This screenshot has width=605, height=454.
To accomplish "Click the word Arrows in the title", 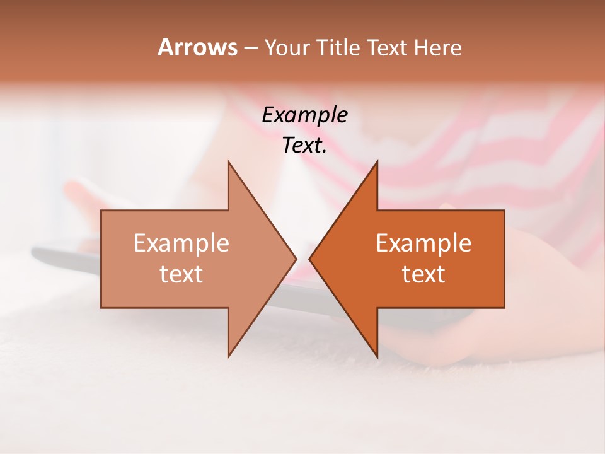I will point(197,47).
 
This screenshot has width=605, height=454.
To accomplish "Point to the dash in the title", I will point(250,48).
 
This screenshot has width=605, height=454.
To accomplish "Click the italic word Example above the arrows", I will point(304,115).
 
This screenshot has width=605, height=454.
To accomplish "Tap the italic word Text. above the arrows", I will point(304,146).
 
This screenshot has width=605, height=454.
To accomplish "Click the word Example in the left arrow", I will point(181,243).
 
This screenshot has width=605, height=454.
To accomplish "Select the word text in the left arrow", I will point(181,274).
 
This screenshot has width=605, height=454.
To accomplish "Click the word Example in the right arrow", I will point(423,243).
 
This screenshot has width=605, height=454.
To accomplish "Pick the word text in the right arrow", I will point(423,274).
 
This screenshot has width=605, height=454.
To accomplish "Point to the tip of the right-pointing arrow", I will point(296,259).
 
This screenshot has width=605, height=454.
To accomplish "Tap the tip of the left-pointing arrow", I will point(309,259).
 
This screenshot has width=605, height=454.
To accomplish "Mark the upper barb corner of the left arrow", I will point(228,161).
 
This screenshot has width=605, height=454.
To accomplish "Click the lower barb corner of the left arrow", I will point(228,357).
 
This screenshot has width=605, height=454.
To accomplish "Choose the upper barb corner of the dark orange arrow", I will point(377,161).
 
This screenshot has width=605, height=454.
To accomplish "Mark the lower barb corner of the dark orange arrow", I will point(377,357).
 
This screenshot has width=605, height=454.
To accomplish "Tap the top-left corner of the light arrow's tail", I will point(101,211).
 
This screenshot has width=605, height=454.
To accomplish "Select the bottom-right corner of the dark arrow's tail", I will point(504,308).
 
